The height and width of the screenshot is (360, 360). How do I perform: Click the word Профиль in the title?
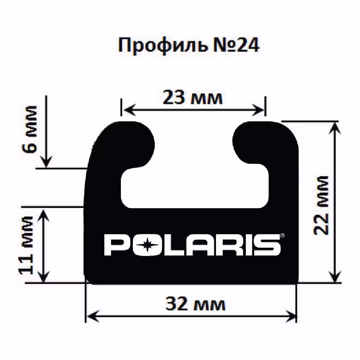point(163,45)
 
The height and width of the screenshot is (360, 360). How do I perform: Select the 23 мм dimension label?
point(193,98)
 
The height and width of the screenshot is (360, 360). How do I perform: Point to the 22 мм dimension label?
point(321,206)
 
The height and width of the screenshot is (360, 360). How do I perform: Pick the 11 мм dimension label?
point(26,245)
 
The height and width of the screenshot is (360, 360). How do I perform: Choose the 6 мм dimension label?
point(30,129)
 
